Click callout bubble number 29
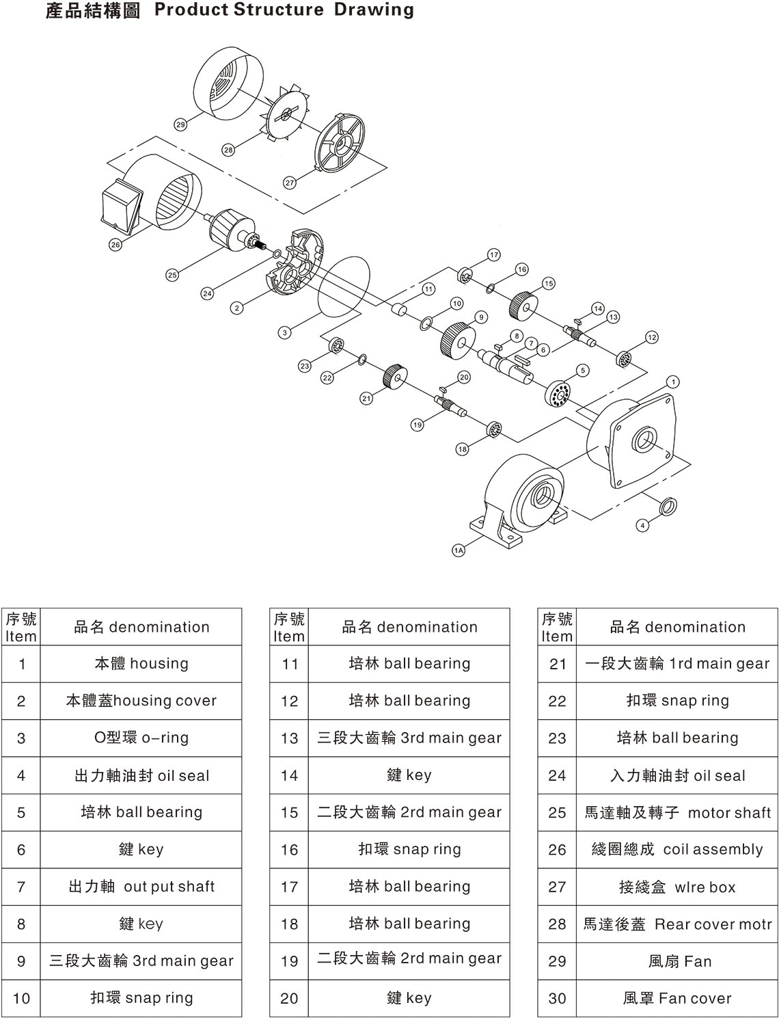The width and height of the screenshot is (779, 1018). [x=180, y=124]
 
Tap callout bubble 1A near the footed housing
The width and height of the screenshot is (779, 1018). [x=459, y=550]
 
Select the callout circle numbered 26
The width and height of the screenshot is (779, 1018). [x=115, y=244]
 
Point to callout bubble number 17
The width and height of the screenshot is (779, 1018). [x=494, y=255]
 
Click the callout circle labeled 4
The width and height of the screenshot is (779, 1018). [x=642, y=525]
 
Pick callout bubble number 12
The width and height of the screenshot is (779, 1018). [x=651, y=337]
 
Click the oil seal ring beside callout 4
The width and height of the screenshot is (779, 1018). [x=668, y=507]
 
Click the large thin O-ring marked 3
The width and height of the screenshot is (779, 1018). [x=344, y=286]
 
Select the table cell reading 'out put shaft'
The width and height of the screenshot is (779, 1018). [x=141, y=887]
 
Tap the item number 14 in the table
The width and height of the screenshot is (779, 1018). [x=289, y=775]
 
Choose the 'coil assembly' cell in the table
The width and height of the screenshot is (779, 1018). [x=676, y=849]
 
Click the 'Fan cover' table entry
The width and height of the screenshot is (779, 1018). [x=676, y=998]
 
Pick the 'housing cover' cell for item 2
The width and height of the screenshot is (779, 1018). [x=141, y=701]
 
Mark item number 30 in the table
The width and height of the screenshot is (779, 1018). [x=557, y=998]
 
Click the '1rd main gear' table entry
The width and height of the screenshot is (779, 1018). [x=676, y=663]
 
